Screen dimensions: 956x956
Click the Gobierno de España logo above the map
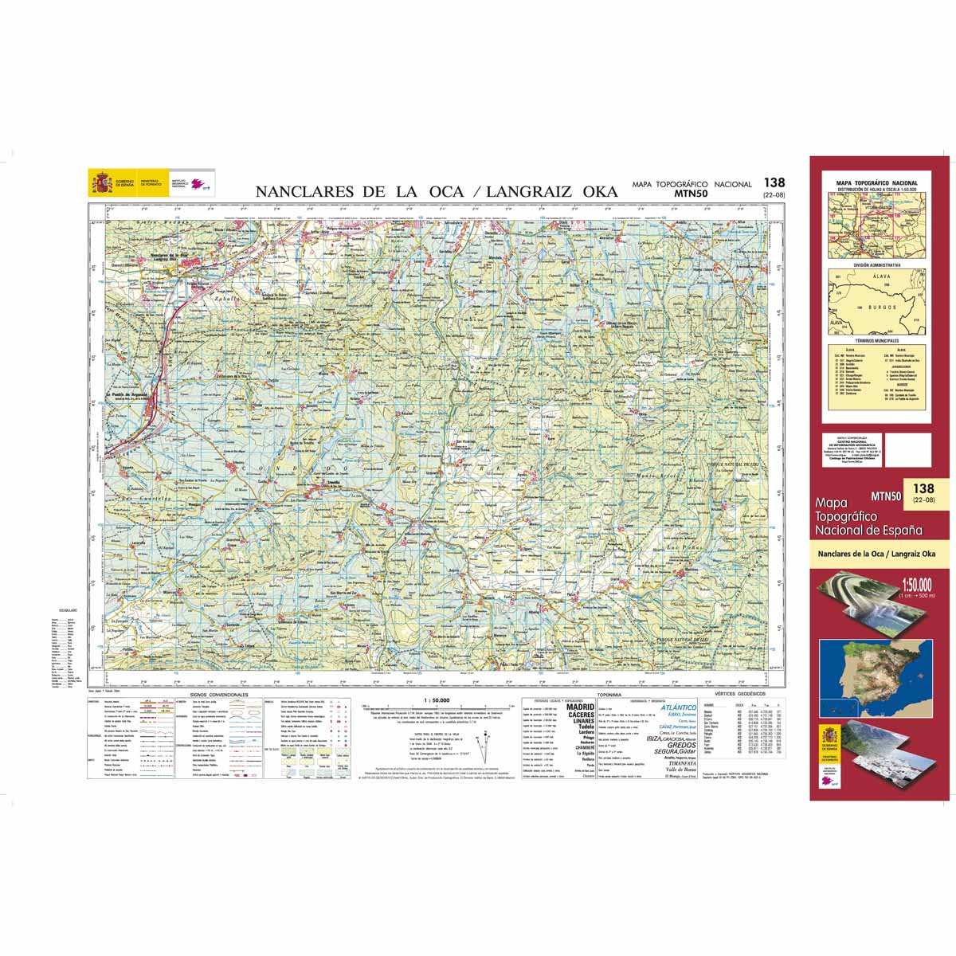[x=112, y=184]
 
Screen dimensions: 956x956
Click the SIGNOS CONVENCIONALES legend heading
[x=219, y=695]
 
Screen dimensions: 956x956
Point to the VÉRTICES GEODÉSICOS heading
[x=740, y=695]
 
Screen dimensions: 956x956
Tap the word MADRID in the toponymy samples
[x=580, y=707]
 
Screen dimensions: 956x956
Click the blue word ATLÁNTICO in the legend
[x=678, y=707]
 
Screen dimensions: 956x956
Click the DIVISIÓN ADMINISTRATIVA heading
[x=877, y=264]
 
